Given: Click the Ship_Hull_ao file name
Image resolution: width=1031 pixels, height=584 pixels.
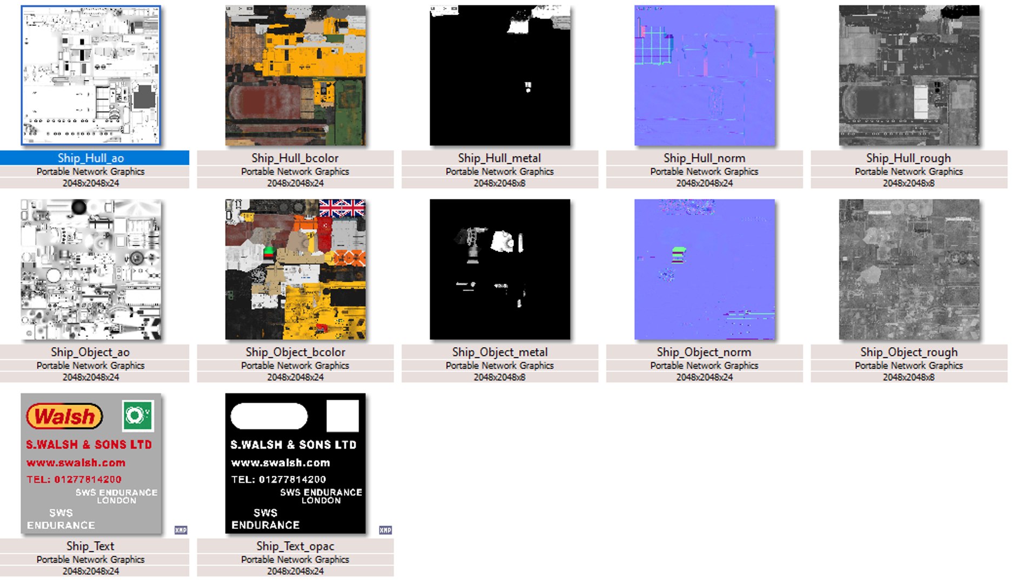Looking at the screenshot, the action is point(91,158).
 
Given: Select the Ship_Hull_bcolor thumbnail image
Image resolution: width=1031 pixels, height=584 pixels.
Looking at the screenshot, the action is point(295,75).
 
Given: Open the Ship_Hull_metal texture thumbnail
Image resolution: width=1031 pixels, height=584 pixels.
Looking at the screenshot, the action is point(500,75).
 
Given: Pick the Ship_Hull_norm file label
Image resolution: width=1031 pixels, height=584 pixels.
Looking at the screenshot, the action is point(704,158).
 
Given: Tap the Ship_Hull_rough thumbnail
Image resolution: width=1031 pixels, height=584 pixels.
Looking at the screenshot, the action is point(909,75).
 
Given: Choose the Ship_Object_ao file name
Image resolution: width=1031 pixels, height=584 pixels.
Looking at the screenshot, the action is point(90,352).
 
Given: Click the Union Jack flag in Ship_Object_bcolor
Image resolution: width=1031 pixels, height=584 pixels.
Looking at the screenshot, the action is point(342,208).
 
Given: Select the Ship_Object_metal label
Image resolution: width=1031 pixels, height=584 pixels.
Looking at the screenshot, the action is point(500,352).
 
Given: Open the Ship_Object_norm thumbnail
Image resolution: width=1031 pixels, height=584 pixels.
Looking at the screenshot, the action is point(704,269).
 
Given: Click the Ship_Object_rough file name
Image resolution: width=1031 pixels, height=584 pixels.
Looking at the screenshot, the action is point(909,352).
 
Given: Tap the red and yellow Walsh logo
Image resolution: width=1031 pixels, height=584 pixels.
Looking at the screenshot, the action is point(64,416).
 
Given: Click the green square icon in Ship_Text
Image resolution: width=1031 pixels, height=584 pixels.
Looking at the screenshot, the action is point(138,416).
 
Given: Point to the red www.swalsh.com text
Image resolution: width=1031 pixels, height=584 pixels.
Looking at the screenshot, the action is point(76,463).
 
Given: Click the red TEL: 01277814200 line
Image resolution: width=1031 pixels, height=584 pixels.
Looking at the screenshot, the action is point(74,479).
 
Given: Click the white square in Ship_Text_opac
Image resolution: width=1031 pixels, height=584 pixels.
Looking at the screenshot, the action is point(343,416).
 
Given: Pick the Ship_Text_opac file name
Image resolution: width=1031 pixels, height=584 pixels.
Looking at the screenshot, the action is point(295,546).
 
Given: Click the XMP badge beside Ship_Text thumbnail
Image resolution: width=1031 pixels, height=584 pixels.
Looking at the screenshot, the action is point(181,530).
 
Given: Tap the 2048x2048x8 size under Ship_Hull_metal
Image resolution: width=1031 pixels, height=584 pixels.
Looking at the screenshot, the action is point(500,183).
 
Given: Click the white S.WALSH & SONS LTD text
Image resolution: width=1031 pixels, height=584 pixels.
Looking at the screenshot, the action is point(293,444).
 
